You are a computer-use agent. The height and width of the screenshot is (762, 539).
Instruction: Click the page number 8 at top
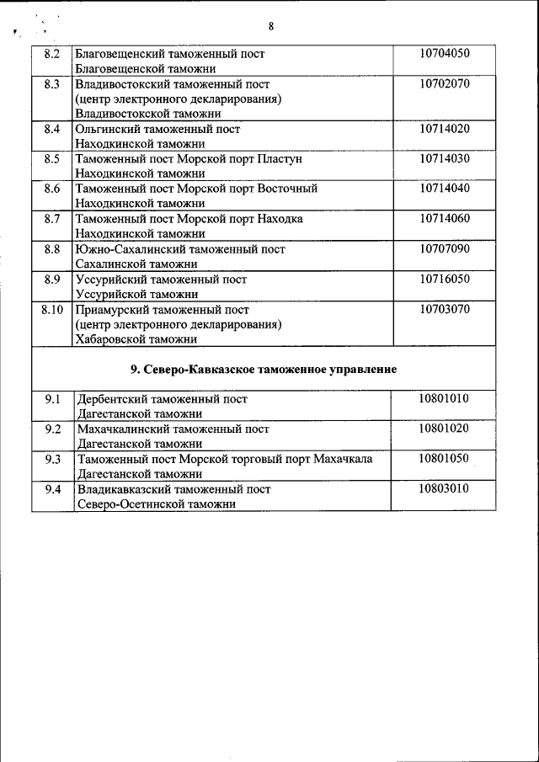(x=270, y=26)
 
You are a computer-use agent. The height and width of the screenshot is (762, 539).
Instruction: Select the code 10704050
(x=444, y=54)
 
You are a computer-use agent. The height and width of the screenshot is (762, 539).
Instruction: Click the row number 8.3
(x=51, y=84)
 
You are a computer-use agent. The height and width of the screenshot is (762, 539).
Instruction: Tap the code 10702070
(x=444, y=84)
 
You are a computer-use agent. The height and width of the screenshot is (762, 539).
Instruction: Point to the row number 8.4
(x=51, y=129)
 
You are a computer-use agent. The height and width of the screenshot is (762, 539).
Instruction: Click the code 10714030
(x=444, y=158)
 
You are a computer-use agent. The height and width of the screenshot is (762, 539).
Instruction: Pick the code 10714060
(x=444, y=219)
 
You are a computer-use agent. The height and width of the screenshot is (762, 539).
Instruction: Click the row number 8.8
(x=51, y=249)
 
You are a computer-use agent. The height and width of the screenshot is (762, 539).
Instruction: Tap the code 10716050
(x=444, y=279)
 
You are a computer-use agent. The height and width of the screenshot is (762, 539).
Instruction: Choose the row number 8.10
(x=52, y=309)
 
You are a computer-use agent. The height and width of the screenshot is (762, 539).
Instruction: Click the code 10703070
(x=444, y=309)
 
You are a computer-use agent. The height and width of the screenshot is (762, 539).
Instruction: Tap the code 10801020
(x=443, y=429)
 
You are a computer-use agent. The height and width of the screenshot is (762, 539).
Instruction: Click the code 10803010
(x=443, y=489)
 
